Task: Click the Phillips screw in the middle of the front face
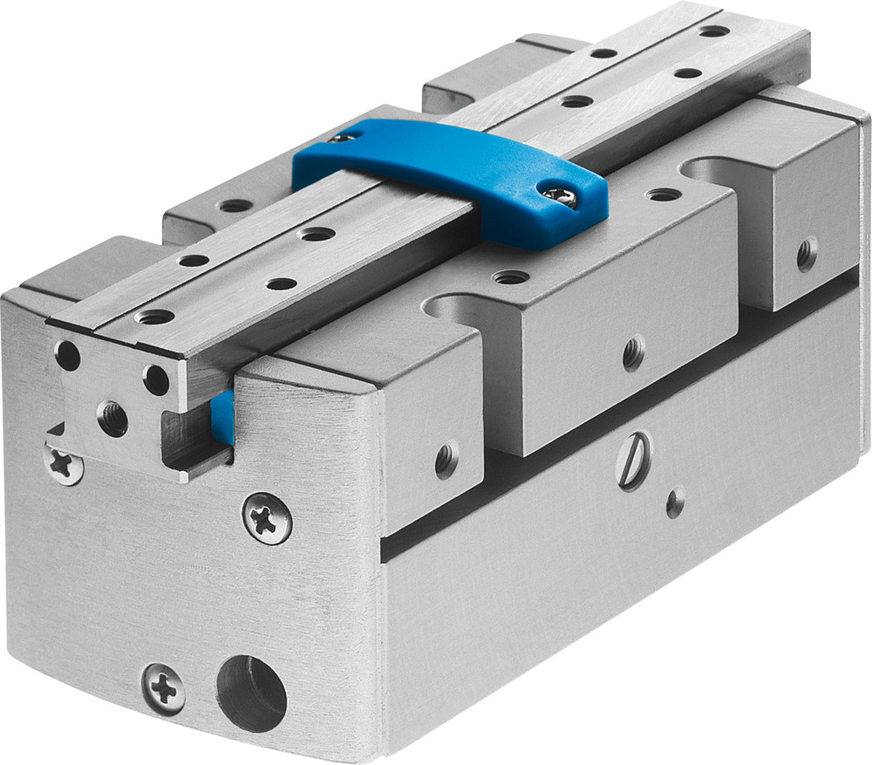(267, 518)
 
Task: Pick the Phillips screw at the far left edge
(64, 462)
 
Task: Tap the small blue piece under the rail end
(223, 416)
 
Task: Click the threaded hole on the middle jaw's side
(634, 352)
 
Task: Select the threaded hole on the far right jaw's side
(807, 253)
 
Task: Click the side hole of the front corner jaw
(447, 459)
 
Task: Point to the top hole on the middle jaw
(510, 277)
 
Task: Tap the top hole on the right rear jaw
(664, 194)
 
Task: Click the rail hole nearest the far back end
(714, 31)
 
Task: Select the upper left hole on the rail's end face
(67, 353)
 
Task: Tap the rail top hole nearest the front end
(155, 317)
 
